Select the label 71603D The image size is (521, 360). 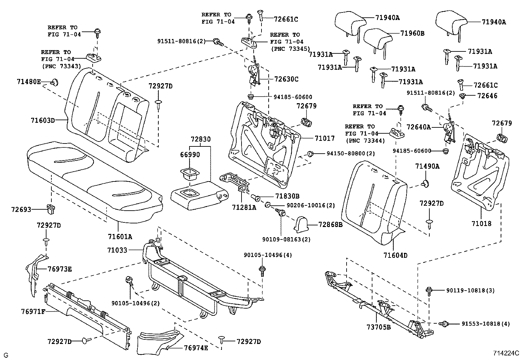[43, 120]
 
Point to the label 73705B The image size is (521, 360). [379, 327]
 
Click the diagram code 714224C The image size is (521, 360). [506, 353]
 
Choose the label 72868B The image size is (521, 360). [331, 225]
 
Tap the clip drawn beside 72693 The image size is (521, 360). [51, 208]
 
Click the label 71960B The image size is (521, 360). [412, 33]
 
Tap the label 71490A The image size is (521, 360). [427, 166]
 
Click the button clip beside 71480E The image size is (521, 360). [54, 82]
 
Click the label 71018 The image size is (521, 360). [481, 224]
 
